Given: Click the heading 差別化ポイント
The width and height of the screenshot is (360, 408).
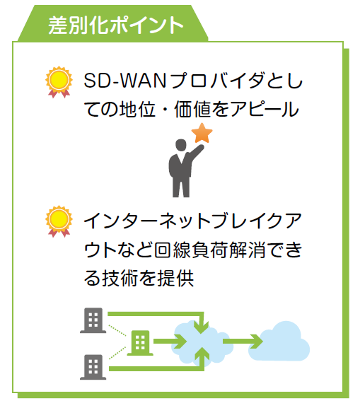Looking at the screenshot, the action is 116,25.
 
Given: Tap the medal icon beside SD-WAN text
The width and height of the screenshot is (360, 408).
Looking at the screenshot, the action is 59,82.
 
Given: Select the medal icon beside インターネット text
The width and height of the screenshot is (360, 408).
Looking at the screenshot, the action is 59,221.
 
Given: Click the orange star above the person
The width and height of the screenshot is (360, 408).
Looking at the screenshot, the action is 202,133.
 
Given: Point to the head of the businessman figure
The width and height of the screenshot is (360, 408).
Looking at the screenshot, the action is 181,145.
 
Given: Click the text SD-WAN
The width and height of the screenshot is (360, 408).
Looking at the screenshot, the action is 125,81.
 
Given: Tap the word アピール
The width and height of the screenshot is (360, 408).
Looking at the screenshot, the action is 265,109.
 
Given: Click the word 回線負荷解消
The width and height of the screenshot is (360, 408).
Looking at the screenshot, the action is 209,250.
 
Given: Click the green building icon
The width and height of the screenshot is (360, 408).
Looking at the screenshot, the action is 140,343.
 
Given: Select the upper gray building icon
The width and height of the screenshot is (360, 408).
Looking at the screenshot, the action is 93,320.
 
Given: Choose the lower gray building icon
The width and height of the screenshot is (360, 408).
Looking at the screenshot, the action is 93,367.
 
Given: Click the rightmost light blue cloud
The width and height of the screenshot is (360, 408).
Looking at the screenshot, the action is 279,341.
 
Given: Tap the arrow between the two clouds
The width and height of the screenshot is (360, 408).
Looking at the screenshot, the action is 243,341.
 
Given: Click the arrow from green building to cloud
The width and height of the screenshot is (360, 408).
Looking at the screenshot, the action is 170,341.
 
